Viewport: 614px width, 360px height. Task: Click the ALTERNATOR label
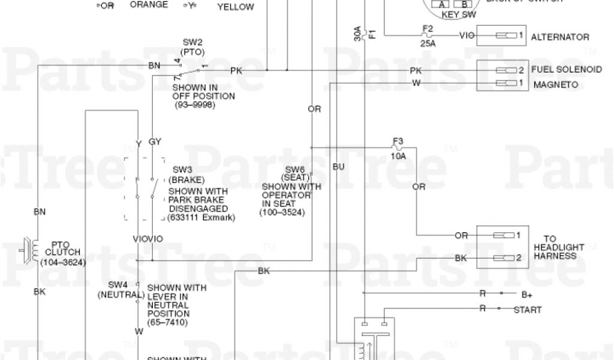[x=560, y=37]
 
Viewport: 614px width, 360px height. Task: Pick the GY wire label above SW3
[x=155, y=142]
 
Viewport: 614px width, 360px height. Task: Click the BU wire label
[x=338, y=166]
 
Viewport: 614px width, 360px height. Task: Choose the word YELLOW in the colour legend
[x=235, y=7]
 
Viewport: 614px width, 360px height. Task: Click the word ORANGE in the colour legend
[x=149, y=5]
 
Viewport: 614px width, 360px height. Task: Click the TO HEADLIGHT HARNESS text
[x=554, y=247]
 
